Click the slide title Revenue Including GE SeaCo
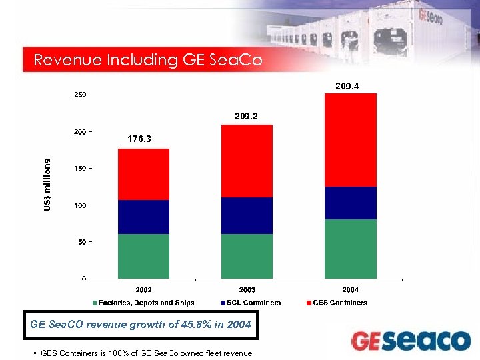148,60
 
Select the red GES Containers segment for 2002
143,174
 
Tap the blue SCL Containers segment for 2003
247,215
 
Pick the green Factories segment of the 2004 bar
351,249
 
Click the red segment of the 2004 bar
351,140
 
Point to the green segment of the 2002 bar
143,256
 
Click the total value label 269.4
351,86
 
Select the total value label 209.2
247,116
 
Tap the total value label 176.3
139,139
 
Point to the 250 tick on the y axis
79,95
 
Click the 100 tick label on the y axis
79,205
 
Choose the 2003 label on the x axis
247,290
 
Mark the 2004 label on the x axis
351,290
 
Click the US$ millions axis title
47,185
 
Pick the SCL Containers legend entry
254,303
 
